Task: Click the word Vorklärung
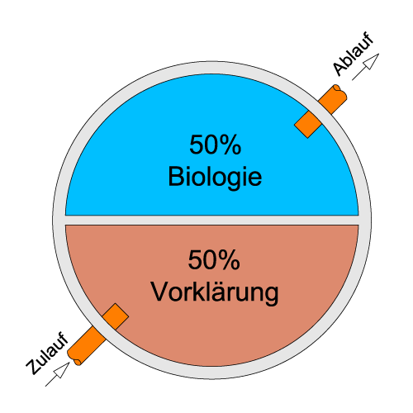tap(215, 292)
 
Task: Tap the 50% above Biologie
tap(216, 145)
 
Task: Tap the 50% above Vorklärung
tap(214, 260)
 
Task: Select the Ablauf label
tap(354, 54)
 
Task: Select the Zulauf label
tap(47, 354)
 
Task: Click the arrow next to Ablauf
tap(366, 67)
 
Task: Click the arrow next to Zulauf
tap(58, 374)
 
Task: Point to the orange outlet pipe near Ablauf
tap(320, 111)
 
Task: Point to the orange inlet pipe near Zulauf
tap(98, 335)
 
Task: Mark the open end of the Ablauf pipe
tap(341, 92)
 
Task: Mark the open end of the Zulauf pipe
tap(74, 358)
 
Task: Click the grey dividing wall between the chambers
tap(212, 220)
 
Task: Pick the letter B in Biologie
tap(176, 176)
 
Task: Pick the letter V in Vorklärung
tap(160, 292)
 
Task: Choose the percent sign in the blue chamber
tap(230, 145)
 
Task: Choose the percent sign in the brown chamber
tap(229, 260)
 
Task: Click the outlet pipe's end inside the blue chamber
tap(301, 131)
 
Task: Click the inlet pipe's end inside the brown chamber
tap(122, 310)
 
